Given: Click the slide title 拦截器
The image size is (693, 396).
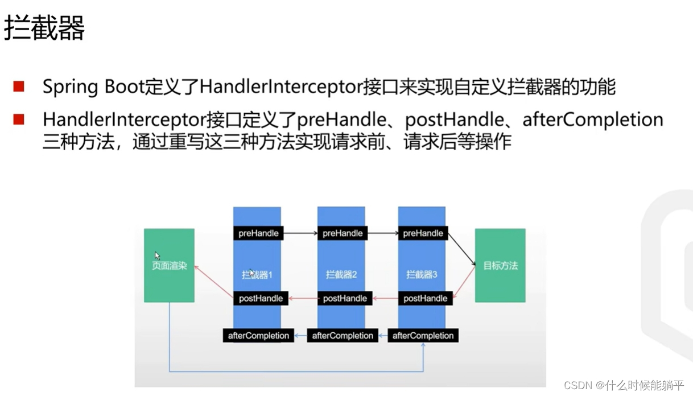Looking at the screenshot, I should pyautogui.click(x=44, y=28).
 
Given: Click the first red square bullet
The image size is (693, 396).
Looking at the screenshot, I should pyautogui.click(x=19, y=86).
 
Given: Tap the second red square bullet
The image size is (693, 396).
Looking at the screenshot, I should pyautogui.click(x=19, y=119).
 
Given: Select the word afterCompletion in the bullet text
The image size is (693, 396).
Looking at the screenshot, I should pyautogui.click(x=592, y=119).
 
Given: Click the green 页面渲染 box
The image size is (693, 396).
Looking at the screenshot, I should pyautogui.click(x=169, y=265).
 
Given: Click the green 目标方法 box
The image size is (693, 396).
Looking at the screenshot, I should pyautogui.click(x=500, y=265).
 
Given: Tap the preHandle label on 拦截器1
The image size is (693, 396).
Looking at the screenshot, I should pyautogui.click(x=258, y=233).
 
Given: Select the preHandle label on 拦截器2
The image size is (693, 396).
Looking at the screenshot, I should pyautogui.click(x=343, y=233).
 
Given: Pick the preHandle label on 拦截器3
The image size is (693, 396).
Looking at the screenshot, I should pyautogui.click(x=423, y=233).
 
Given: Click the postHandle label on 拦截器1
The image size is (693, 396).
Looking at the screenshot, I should pyautogui.click(x=261, y=298).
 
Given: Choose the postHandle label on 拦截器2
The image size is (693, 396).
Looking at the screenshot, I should pyautogui.click(x=345, y=298).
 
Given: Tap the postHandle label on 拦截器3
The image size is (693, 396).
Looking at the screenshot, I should pyautogui.click(x=425, y=298).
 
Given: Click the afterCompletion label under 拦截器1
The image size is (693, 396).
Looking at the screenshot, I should pyautogui.click(x=258, y=336).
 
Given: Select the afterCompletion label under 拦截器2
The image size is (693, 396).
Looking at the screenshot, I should pyautogui.click(x=343, y=336).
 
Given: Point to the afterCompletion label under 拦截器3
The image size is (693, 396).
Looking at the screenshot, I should pyautogui.click(x=423, y=336).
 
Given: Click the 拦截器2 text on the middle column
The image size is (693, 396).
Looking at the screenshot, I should pyautogui.click(x=341, y=275).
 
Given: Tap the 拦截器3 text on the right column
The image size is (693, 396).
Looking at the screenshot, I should pyautogui.click(x=422, y=275).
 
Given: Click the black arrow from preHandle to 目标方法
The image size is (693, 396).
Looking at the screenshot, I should pyautogui.click(x=461, y=249).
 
